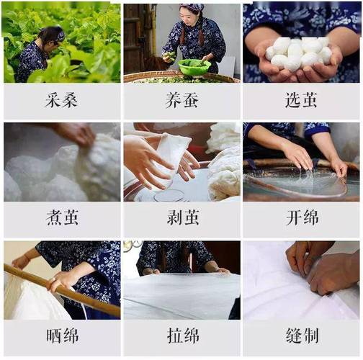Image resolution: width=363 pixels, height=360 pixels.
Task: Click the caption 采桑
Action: coord(61,100)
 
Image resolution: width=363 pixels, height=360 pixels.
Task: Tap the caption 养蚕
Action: coord(181,100)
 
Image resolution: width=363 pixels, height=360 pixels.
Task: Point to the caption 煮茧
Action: coord(61,218)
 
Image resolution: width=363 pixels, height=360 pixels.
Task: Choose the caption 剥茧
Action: coord(181,218)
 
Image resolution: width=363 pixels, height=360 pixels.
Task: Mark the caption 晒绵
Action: coord(61,336)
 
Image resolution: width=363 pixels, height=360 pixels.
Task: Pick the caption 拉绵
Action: coord(181,336)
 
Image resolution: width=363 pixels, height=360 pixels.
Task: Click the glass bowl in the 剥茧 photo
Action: coord(169,194)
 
